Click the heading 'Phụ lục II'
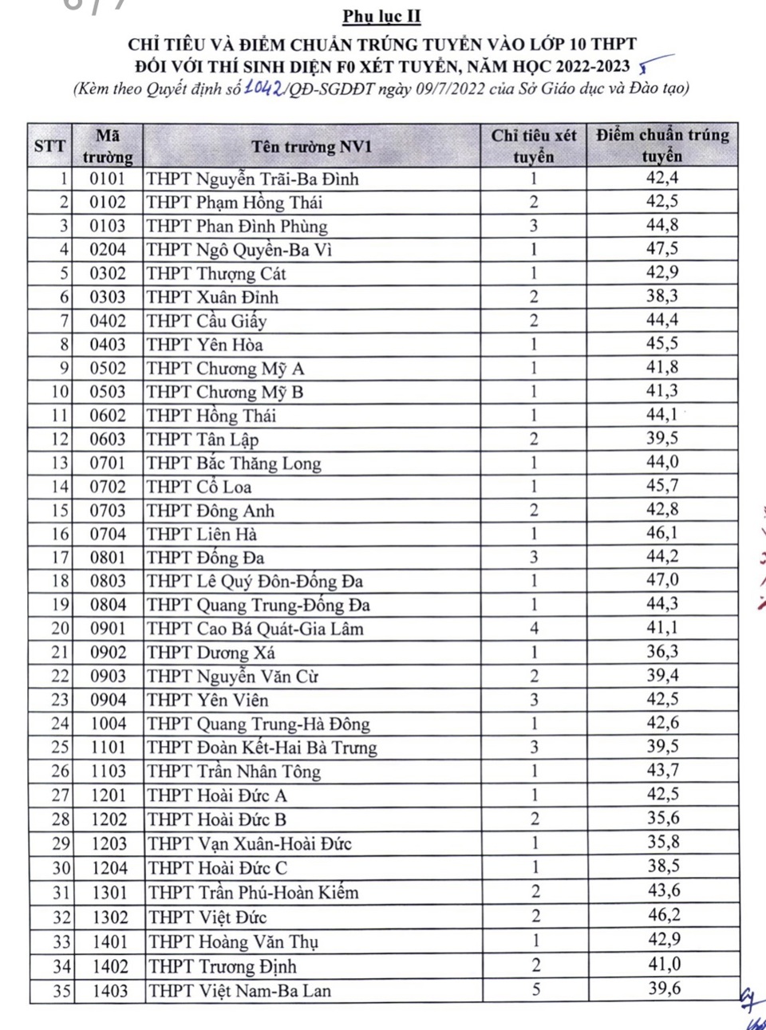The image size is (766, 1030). (x=381, y=16)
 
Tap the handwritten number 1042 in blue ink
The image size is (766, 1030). (x=263, y=88)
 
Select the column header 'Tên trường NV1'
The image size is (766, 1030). (x=311, y=146)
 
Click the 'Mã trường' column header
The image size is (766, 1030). (x=108, y=146)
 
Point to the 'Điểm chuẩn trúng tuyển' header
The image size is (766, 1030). (x=662, y=145)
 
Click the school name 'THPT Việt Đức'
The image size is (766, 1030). (x=207, y=918)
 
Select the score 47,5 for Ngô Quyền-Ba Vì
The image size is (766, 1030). (x=662, y=249)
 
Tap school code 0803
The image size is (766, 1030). (x=108, y=582)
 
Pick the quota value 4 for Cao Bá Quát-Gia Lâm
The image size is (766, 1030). (x=534, y=629)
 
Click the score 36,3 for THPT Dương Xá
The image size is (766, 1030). (x=662, y=652)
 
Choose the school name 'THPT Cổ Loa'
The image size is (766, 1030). (x=199, y=487)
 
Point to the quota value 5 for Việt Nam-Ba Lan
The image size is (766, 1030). (x=536, y=989)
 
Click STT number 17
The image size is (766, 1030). (x=61, y=558)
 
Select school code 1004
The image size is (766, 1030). (x=108, y=724)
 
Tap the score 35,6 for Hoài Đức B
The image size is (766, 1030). (x=663, y=819)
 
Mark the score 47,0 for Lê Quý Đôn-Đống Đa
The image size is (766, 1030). (x=662, y=580)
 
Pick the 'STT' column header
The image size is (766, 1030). (x=49, y=146)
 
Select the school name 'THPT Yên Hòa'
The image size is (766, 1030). (x=205, y=345)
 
